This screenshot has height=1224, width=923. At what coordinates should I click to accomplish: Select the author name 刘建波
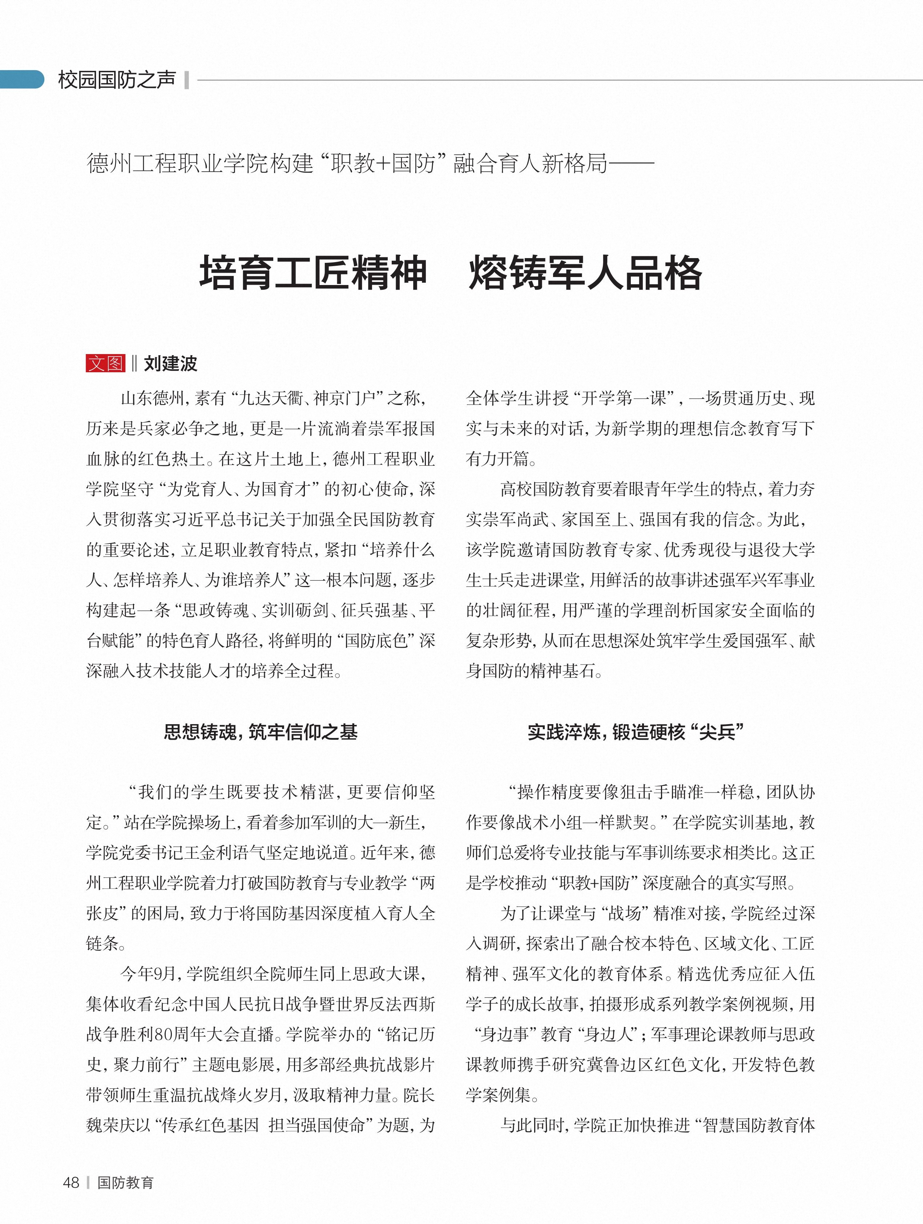pyautogui.click(x=170, y=364)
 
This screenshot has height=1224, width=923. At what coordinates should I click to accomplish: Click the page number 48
pyautogui.click(x=71, y=1183)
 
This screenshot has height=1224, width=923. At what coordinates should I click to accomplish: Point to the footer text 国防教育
pyautogui.click(x=125, y=1183)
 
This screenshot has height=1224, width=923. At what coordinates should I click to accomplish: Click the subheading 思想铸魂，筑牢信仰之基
pyautogui.click(x=261, y=732)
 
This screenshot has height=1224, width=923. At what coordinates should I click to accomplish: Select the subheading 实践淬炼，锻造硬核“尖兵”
pyautogui.click(x=636, y=732)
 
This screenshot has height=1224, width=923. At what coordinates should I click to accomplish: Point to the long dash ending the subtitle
pyautogui.click(x=630, y=164)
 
